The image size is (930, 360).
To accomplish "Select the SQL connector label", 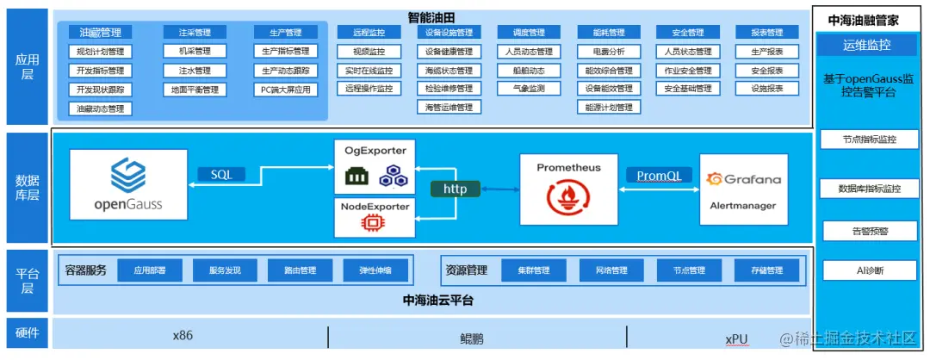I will coord(221,174).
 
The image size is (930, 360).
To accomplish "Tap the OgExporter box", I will coord(374,166).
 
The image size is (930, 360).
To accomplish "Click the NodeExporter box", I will coord(374,217).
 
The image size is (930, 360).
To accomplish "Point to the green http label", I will coord(455,188).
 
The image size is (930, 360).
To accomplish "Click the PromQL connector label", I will coord(659,175).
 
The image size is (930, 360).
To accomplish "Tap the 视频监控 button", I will coord(365,52).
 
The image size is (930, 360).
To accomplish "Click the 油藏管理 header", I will coord(100,33).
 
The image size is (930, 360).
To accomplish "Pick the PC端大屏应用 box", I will coord(286,90).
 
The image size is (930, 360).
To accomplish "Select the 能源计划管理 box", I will coord(608,108).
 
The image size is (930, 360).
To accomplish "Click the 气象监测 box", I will coord(528,89).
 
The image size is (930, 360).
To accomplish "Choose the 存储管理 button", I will coord(759,270).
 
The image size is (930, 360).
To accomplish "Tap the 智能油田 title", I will coord(431,17).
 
